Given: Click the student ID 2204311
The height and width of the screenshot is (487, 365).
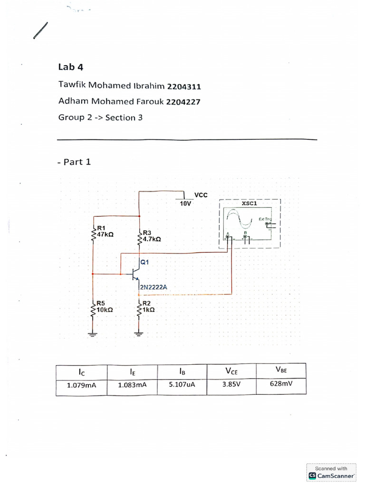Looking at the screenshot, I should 183,87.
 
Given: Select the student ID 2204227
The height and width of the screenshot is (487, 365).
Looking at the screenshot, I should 183,101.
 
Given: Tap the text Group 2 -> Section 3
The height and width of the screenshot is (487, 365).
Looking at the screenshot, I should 100,117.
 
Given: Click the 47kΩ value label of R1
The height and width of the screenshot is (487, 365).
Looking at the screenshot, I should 105,234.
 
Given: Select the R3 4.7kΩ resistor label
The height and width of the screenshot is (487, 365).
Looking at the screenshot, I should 151,236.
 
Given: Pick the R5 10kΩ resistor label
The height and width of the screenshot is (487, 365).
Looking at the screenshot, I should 104,306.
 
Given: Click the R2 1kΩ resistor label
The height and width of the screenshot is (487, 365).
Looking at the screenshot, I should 149,306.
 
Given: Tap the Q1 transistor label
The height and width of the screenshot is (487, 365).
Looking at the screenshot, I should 144,262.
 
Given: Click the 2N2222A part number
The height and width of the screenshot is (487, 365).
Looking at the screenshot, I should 150,287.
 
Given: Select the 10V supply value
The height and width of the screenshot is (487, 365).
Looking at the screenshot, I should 185,203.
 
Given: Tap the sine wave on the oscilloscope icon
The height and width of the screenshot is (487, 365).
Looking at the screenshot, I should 240,220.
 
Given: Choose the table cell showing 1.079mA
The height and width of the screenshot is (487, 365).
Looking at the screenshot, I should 82,386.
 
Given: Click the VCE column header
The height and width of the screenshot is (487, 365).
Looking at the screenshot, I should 231,371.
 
